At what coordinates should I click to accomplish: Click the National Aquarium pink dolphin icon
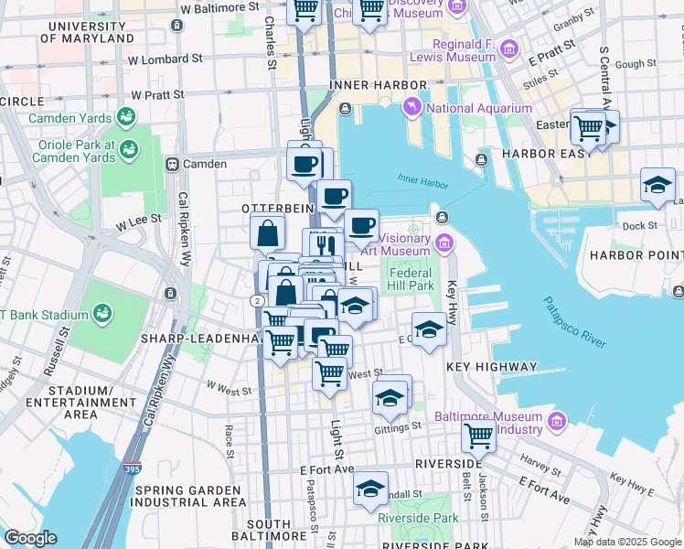point(415,109)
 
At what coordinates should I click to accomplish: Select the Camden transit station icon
point(171,164)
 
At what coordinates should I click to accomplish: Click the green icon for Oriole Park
point(130,148)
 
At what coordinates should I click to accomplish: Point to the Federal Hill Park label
point(411,279)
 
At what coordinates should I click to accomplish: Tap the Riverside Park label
point(418,518)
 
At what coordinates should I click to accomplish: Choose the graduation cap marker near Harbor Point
point(657,186)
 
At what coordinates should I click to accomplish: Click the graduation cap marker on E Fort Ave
point(370,489)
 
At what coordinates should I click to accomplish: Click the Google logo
point(30,538)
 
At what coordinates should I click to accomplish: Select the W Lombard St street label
point(165,59)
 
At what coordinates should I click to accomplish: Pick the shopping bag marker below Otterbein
point(267,233)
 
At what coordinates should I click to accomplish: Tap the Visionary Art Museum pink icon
point(444,242)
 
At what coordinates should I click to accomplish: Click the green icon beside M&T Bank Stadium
point(103,313)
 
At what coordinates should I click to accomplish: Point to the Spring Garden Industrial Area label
point(190,496)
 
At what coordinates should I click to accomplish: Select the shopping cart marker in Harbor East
point(590,128)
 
